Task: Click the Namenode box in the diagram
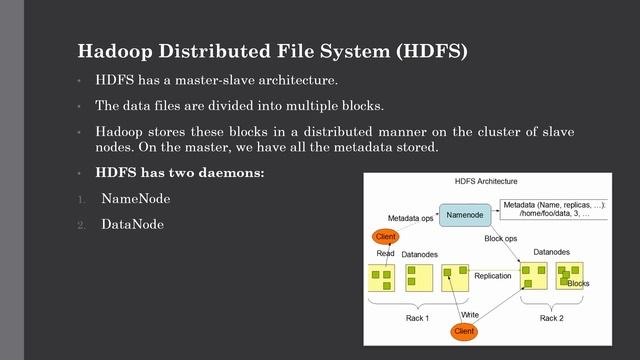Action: (465, 215)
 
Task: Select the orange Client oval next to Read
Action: (385, 236)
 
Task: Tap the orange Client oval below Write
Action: (464, 330)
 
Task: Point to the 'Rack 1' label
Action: (418, 318)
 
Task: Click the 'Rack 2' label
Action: (552, 318)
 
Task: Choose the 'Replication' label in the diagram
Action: (493, 275)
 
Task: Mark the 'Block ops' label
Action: (500, 239)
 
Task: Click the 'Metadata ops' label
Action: (409, 217)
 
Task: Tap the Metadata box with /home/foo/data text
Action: (555, 209)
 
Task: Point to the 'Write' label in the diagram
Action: (470, 314)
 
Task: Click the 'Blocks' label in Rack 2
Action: (578, 284)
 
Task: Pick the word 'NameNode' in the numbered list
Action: (136, 199)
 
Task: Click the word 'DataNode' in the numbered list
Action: (133, 225)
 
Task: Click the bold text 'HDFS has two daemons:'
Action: (166, 173)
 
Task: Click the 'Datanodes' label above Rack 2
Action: (552, 252)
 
